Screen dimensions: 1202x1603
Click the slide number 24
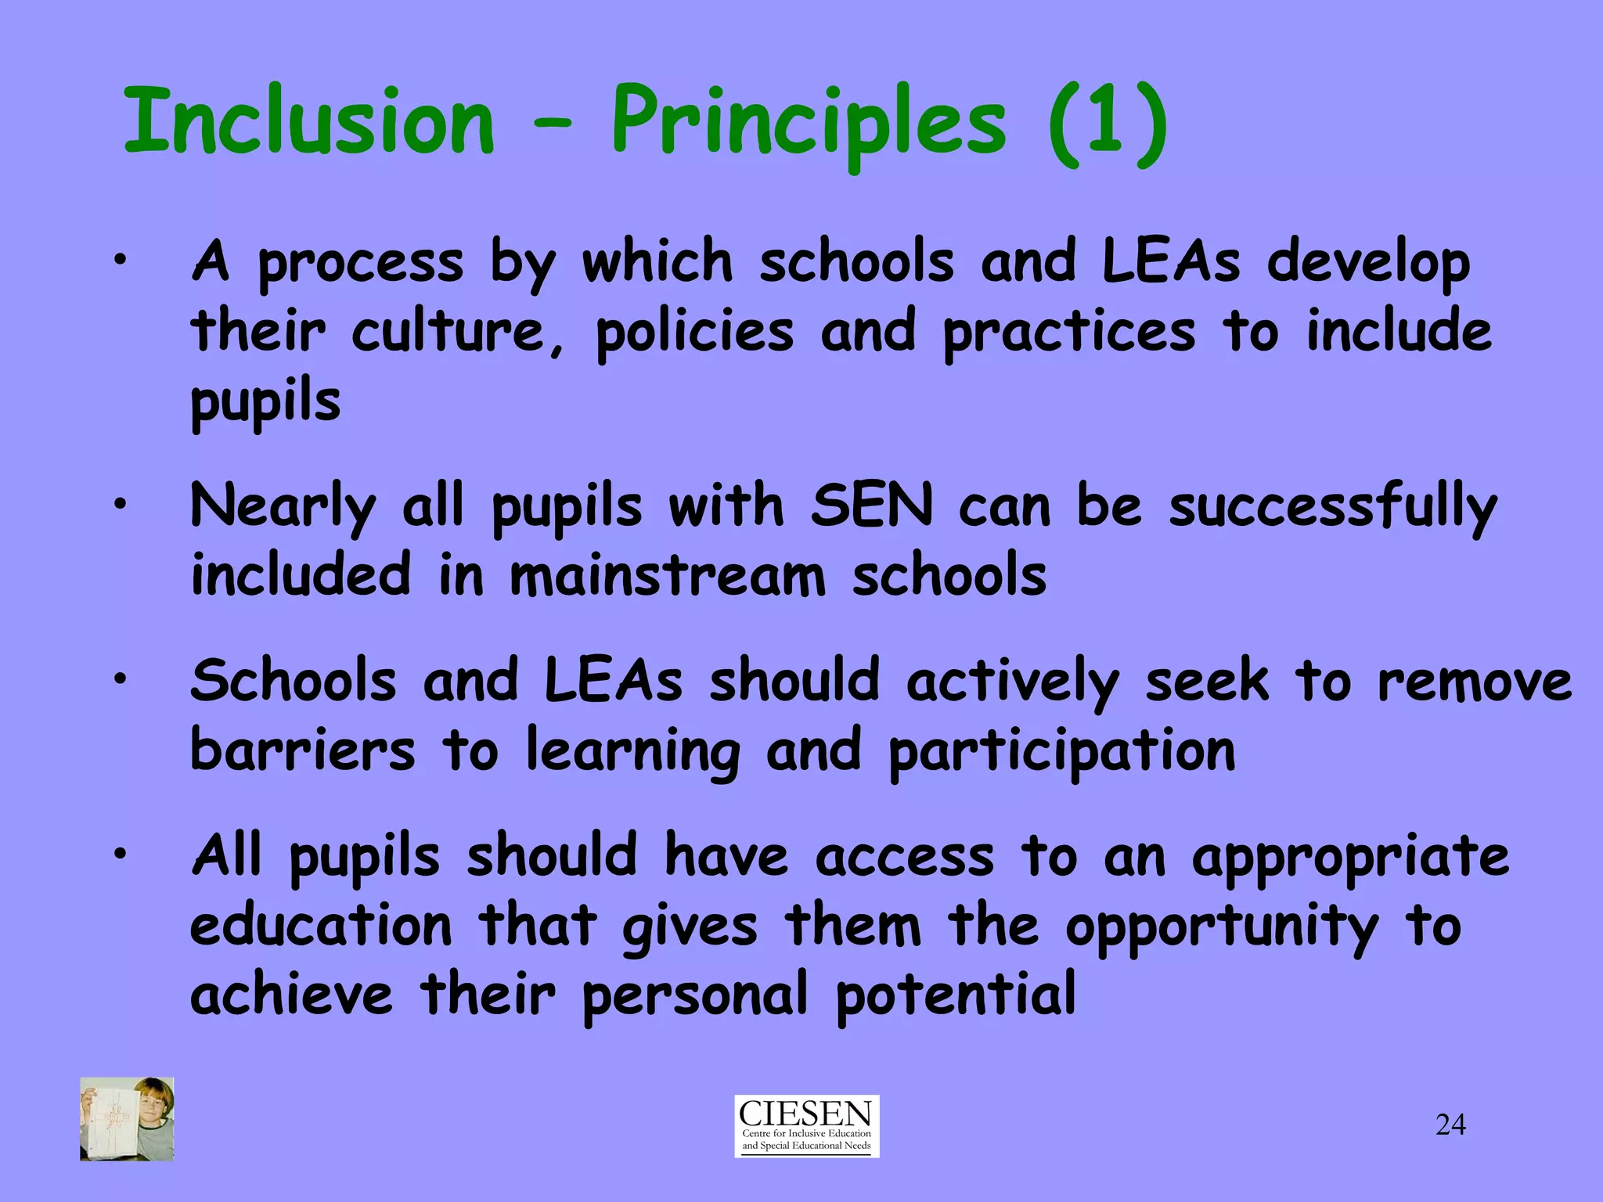point(1450,1125)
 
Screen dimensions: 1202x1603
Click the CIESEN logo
point(806,1125)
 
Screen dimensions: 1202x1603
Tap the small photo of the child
point(127,1118)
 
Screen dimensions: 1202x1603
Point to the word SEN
point(872,506)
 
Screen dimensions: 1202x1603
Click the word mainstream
point(668,575)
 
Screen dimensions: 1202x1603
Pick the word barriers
point(303,750)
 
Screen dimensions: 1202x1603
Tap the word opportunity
point(1221,928)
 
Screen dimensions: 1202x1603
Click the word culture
point(447,332)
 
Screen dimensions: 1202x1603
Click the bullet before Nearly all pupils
point(118,505)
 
